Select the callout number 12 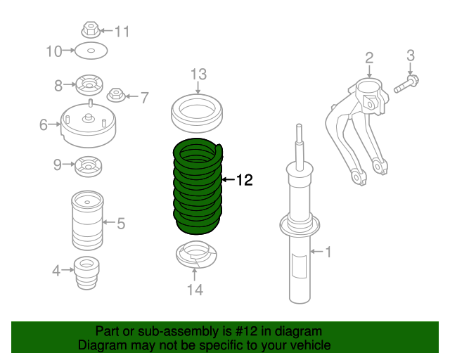(243, 181)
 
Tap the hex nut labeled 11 (89, 30)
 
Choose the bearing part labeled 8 (89, 86)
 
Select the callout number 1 (326, 251)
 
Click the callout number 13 (198, 74)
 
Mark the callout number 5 (121, 224)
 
